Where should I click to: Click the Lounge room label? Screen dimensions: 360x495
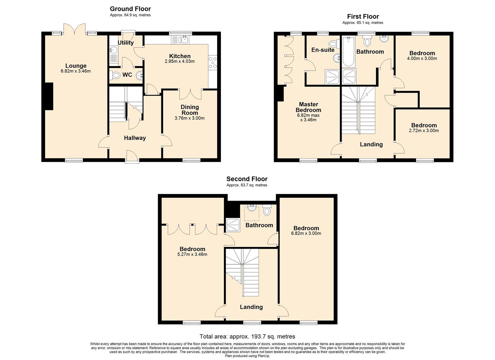point(76,66)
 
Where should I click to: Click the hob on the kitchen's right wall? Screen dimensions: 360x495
point(212,63)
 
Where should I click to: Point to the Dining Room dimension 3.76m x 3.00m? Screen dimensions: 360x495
point(189,118)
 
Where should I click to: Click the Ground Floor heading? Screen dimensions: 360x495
point(130,9)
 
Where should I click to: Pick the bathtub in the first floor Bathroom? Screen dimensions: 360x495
point(348,52)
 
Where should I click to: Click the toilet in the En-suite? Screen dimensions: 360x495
point(333,44)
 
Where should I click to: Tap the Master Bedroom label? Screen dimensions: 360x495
point(308,107)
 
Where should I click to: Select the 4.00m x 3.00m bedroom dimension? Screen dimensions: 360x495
point(422,59)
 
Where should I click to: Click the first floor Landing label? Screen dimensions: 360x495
point(371,144)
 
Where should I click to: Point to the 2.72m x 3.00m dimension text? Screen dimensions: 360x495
point(424,131)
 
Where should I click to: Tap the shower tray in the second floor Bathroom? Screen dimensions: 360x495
point(233,225)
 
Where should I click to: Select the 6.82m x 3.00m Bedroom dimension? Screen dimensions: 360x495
point(306,233)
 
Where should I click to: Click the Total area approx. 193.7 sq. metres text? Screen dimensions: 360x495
point(247,336)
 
